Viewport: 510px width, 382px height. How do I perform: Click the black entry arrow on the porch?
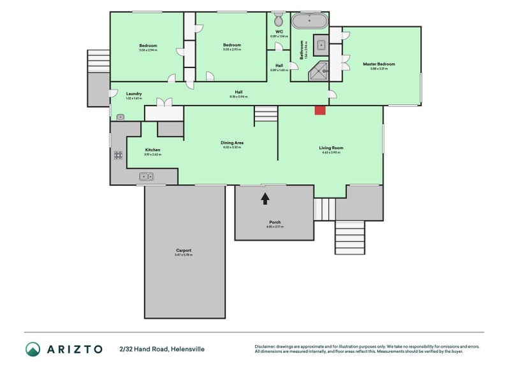[265, 199]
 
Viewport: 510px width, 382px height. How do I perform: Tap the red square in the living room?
[320, 110]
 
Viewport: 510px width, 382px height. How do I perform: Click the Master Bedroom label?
[379, 64]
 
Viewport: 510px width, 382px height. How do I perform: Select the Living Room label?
[331, 148]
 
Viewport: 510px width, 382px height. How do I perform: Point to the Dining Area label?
[232, 143]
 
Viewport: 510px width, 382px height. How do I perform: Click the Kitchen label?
[152, 150]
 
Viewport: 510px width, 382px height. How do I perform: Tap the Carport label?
[184, 250]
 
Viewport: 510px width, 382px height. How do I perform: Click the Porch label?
[274, 222]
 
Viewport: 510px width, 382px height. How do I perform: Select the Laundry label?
[133, 94]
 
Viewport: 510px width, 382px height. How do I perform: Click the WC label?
[279, 31]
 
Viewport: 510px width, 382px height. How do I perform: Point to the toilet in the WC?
[279, 18]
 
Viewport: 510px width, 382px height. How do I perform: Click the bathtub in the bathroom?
[310, 20]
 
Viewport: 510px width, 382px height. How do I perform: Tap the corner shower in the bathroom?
[319, 73]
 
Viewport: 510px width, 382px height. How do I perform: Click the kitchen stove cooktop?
[118, 154]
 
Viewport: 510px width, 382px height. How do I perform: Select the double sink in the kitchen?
[145, 176]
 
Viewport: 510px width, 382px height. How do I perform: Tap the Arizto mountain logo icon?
[33, 349]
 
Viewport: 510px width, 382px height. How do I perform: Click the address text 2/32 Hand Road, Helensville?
[162, 349]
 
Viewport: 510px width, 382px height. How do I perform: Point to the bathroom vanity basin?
[321, 45]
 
